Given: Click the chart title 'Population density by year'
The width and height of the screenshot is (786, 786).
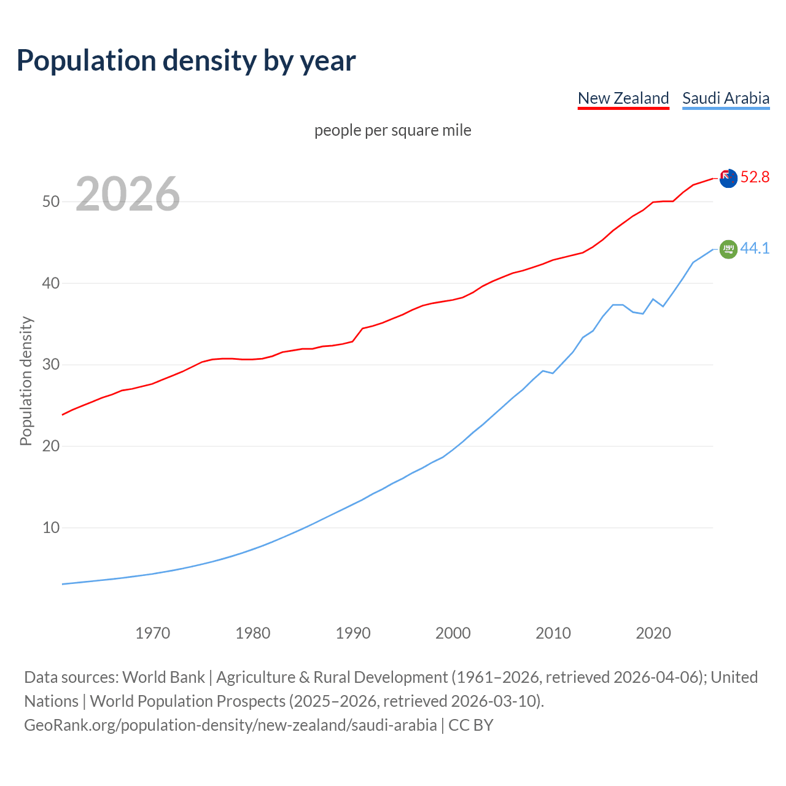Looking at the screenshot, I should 186,61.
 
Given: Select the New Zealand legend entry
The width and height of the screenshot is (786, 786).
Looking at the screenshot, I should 623,98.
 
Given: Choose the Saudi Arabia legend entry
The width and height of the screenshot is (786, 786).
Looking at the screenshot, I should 726,98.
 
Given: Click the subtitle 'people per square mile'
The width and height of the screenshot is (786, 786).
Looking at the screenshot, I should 393,130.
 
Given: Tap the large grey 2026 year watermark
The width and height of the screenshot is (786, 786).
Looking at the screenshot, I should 128,194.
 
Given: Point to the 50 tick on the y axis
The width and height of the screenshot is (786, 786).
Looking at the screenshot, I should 51,201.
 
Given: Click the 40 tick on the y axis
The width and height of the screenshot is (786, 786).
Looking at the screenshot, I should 51,283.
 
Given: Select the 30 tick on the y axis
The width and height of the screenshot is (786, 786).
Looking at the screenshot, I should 51,365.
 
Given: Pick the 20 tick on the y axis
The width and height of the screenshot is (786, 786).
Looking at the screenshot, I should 51,446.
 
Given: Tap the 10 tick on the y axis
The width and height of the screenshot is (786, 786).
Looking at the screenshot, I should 51,527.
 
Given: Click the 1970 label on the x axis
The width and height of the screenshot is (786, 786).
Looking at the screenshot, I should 153,633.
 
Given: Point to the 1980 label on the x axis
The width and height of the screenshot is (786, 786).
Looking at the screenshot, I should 253,633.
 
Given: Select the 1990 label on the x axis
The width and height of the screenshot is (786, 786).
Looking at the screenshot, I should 353,633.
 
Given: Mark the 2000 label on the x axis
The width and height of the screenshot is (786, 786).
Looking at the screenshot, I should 453,633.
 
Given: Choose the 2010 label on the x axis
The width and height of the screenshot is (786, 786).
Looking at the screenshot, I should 553,633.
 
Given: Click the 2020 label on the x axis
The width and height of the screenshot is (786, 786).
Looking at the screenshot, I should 653,633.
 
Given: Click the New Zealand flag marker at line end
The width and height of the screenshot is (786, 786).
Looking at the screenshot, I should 728,178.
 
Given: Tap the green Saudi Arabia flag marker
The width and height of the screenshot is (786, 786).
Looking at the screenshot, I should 728,249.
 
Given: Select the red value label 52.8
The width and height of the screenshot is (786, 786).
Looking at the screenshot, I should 755,177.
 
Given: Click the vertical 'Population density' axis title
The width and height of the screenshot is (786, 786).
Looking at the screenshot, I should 26,381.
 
